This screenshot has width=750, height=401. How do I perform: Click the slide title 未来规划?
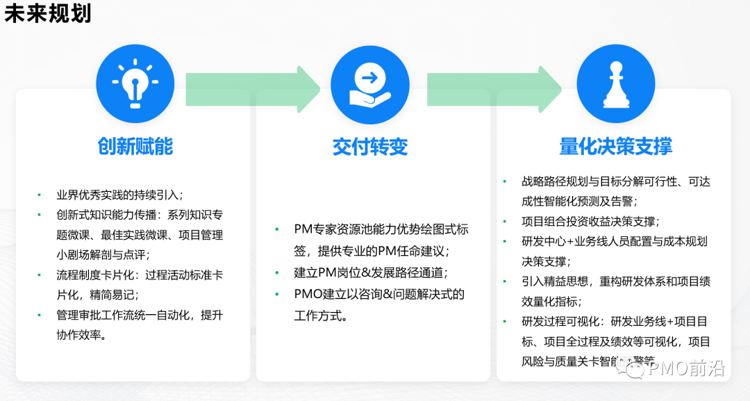(48, 14)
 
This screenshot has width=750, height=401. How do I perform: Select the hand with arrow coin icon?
(369, 84)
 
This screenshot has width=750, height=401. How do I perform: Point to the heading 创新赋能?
(135, 147)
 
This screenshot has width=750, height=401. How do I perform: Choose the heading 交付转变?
(369, 147)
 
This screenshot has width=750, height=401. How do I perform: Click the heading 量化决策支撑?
(615, 147)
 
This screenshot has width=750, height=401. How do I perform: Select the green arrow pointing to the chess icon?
(493, 89)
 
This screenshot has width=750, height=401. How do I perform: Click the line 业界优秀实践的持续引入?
(119, 195)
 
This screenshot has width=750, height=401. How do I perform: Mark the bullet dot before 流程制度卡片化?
(39, 275)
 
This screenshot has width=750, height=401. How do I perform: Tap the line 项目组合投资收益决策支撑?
(590, 222)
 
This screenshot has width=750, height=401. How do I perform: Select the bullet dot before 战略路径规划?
(505, 182)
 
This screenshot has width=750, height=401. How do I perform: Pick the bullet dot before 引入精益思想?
(505, 282)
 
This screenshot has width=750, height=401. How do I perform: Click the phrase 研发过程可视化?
(563, 322)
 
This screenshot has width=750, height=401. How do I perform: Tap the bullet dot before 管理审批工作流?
(39, 316)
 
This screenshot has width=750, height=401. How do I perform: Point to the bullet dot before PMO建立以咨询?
(277, 294)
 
